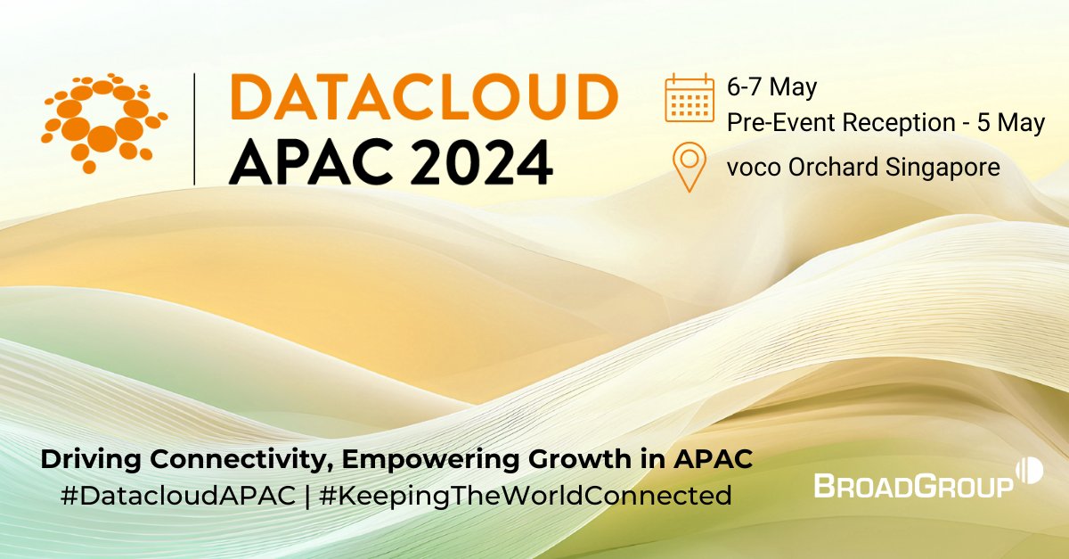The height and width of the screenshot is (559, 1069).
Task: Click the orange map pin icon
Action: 690,168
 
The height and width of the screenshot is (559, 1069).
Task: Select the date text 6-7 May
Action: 771,88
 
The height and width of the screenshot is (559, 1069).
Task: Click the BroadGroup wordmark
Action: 913,484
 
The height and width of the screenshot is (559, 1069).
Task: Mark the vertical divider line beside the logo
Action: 195,129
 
